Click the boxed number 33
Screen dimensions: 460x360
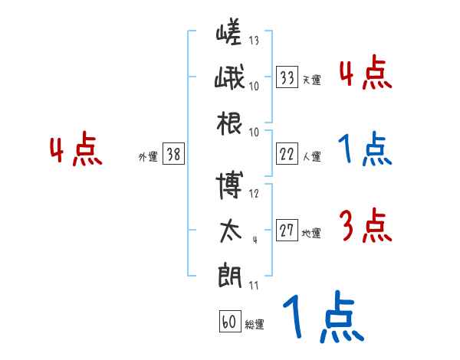coord(287,77)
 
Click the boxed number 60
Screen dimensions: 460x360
coord(229,322)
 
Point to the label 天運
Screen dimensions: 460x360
coord(311,80)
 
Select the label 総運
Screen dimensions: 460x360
coord(255,324)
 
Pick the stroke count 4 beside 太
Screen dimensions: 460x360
coord(254,240)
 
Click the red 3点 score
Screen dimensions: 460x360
coord(364,227)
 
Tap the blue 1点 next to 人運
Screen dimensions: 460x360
coord(364,149)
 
